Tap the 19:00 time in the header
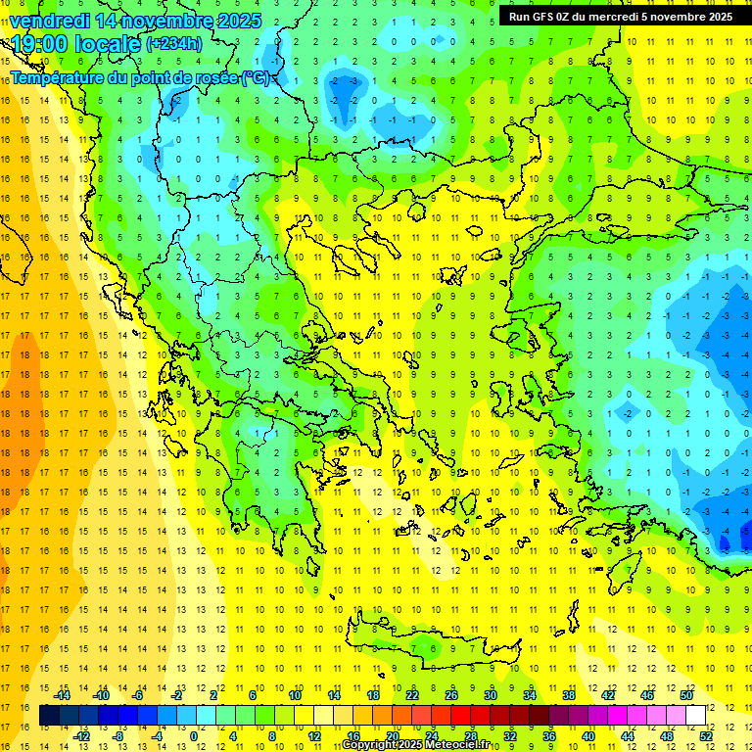[x=38, y=44]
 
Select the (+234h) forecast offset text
[x=174, y=44]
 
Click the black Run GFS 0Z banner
[x=620, y=16]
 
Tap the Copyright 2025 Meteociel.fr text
[x=421, y=745]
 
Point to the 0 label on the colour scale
[x=194, y=736]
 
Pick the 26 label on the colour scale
[x=451, y=695]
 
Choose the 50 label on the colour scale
[x=686, y=695]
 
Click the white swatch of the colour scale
[x=696, y=716]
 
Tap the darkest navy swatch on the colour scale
[x=50, y=716]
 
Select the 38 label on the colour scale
[x=569, y=695]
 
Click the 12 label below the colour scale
[x=314, y=736]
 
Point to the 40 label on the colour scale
[x=588, y=736]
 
